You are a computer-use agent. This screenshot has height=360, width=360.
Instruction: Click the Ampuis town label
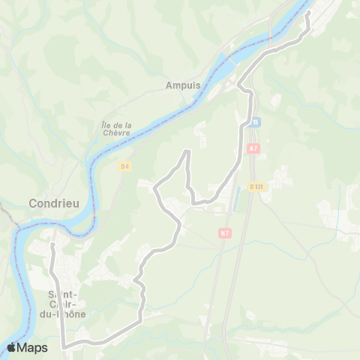182,85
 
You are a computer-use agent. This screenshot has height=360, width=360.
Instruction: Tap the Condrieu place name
50,203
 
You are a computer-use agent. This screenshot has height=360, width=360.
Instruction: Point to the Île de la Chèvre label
116,128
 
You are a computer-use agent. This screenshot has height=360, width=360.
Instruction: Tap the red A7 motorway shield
253,148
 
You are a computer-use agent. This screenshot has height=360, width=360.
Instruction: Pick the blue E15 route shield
255,121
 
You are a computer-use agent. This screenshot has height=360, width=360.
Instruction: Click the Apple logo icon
12,347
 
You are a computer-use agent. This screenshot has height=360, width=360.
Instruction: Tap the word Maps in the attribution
33,348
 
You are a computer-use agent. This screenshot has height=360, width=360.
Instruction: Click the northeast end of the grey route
308,12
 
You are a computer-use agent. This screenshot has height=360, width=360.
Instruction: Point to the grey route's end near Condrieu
52,245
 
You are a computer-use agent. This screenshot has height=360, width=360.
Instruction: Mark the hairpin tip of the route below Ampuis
186,151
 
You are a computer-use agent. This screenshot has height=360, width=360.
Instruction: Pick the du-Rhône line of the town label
67,315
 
